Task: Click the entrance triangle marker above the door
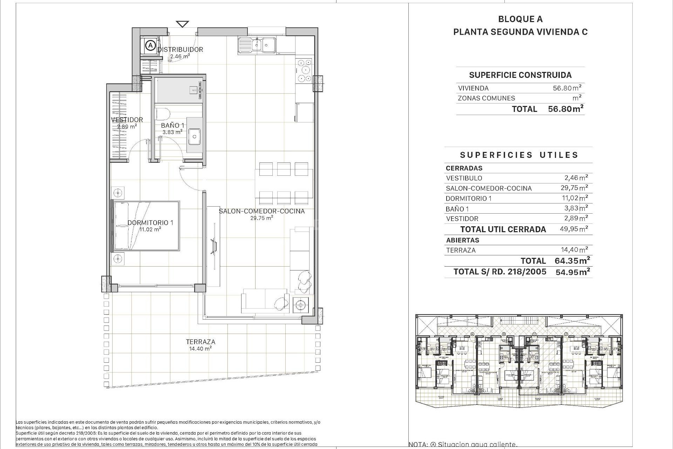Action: click(x=182, y=24)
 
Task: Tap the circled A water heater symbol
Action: click(x=150, y=45)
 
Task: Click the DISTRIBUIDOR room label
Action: click(x=180, y=49)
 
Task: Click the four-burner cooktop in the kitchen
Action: click(x=304, y=71)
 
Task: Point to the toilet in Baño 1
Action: click(x=162, y=114)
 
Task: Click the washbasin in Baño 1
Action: click(x=194, y=136)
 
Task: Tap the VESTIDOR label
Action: click(x=127, y=120)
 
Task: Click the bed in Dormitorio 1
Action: click(x=145, y=226)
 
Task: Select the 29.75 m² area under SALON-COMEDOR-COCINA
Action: click(x=261, y=218)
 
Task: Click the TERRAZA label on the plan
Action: click(x=200, y=342)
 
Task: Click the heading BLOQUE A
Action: click(x=520, y=19)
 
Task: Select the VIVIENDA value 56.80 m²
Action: click(x=567, y=88)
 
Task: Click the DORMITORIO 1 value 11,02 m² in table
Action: click(x=574, y=198)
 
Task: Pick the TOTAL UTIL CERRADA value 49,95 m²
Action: click(x=574, y=229)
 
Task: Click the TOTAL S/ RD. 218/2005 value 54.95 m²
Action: click(x=572, y=272)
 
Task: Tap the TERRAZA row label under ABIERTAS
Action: click(x=461, y=250)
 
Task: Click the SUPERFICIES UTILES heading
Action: click(x=519, y=155)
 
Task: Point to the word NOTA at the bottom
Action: click(x=418, y=445)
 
